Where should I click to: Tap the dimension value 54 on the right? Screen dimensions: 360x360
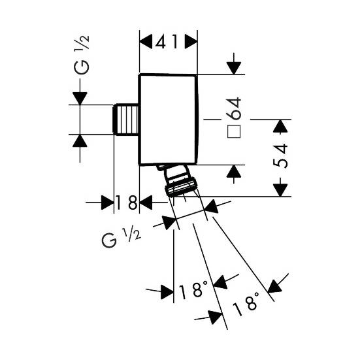280,156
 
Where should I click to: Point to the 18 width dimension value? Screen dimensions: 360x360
126,203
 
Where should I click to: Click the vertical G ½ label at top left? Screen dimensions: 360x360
82,55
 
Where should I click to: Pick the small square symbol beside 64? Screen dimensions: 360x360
234,131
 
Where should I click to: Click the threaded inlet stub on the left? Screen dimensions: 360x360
126,120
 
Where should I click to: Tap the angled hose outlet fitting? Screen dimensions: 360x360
177,180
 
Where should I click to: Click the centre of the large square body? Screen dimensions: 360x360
168,120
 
